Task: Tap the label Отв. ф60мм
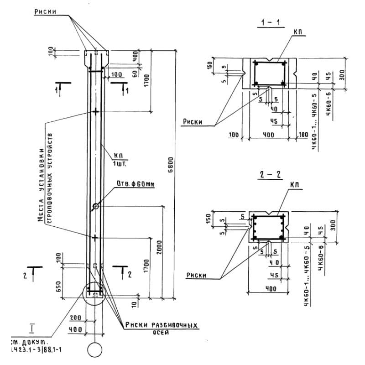136,184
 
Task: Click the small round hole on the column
96,207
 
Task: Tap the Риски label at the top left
46,12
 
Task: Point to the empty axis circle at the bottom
95,350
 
